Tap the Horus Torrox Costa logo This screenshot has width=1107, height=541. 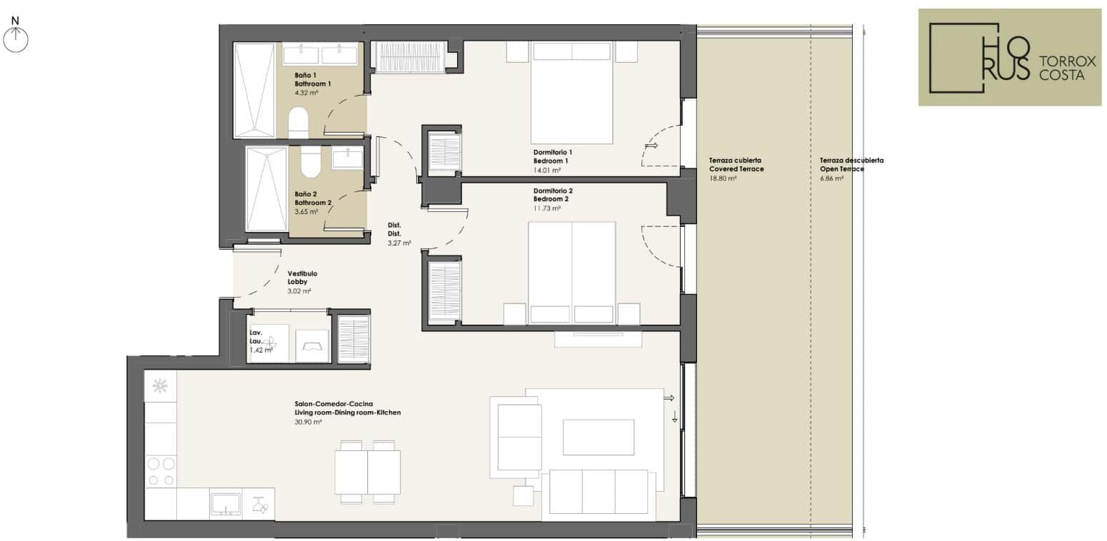pyautogui.click(x=1010, y=57)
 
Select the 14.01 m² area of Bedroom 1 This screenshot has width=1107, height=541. pyautogui.click(x=546, y=171)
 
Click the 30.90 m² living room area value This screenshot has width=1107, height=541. pyautogui.click(x=308, y=423)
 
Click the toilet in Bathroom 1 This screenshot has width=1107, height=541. pyautogui.click(x=298, y=122)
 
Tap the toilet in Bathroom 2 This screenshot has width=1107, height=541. pyautogui.click(x=311, y=161)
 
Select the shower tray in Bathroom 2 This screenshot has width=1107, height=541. pyautogui.click(x=266, y=188)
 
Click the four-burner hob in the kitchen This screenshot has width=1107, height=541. pyautogui.click(x=161, y=471)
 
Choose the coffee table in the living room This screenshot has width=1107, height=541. pyautogui.click(x=598, y=438)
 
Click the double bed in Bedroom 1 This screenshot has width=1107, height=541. pyautogui.click(x=572, y=93)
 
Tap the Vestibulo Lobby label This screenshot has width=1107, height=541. pyautogui.click(x=302, y=278)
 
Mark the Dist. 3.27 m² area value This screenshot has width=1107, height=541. pyautogui.click(x=399, y=243)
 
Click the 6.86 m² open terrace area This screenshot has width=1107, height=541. pyautogui.click(x=832, y=179)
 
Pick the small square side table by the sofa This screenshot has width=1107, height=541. pyautogui.click(x=524, y=496)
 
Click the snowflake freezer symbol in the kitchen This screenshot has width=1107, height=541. pyautogui.click(x=160, y=386)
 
